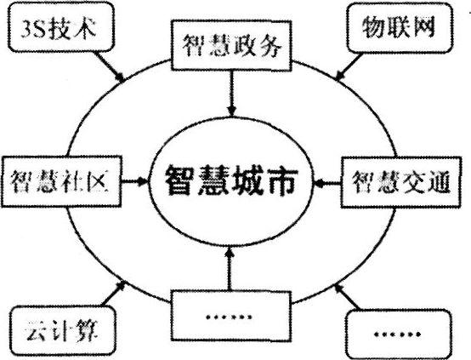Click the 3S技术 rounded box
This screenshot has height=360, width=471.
(61, 27)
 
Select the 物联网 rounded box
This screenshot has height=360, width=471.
(400, 28)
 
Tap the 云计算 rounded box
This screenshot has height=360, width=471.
(62, 330)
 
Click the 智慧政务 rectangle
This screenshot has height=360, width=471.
(231, 45)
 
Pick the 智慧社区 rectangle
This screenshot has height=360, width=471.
(61, 181)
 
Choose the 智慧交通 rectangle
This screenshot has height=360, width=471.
(401, 182)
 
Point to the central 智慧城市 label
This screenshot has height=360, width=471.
(231, 180)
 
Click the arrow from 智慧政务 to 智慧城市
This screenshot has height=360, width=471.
(231, 94)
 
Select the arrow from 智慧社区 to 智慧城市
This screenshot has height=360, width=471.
(135, 181)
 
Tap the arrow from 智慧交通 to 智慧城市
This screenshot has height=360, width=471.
(327, 182)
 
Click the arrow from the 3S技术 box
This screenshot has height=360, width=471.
(109, 66)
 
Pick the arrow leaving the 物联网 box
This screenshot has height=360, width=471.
(349, 66)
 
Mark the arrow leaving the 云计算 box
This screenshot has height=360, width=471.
(112, 294)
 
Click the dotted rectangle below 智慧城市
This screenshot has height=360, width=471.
(231, 316)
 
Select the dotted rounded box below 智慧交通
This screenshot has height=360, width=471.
(398, 334)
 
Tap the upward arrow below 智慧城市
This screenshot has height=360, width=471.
(230, 268)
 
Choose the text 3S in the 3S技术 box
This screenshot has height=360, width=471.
(32, 29)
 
